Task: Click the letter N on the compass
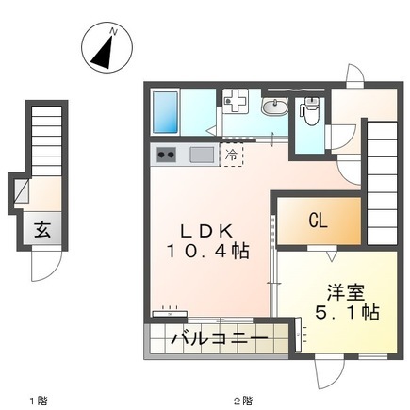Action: click(113, 32)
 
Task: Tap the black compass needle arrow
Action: click(103, 54)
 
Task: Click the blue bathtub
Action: click(165, 112)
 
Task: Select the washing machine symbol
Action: click(236, 100)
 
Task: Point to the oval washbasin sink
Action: click(274, 107)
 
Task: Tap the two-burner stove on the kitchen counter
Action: click(166, 155)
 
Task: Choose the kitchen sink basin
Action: click(202, 155)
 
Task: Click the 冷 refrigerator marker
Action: click(232, 155)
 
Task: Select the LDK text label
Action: click(206, 232)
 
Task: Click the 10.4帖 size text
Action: click(207, 252)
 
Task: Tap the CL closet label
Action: click(318, 221)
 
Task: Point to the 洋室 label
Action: click(346, 292)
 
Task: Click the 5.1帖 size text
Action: click(347, 312)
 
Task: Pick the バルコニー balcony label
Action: click(220, 338)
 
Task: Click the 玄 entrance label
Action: click(42, 229)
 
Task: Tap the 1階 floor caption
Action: click(39, 401)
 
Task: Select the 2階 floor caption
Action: click(242, 401)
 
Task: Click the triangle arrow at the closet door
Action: click(331, 256)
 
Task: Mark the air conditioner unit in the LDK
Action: click(170, 314)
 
